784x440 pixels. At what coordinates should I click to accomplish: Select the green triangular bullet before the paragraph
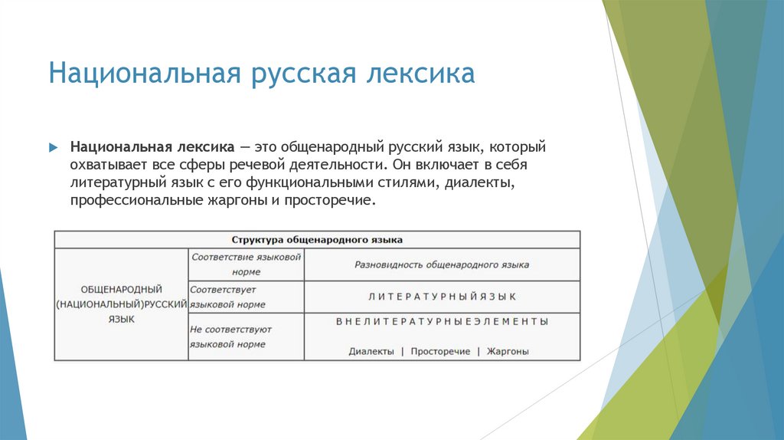54,146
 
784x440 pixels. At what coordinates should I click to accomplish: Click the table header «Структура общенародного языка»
317,239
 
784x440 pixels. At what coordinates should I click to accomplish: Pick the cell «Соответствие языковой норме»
246,264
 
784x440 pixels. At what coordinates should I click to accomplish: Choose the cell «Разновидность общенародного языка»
442,264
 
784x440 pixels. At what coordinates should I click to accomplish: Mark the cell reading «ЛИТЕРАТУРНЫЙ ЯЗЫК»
442,297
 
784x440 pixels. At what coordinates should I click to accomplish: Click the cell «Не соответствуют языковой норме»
230,337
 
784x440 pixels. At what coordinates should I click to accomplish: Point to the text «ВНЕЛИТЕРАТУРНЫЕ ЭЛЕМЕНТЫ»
442,322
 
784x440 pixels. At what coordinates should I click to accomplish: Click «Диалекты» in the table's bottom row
371,352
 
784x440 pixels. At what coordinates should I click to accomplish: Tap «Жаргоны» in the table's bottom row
508,352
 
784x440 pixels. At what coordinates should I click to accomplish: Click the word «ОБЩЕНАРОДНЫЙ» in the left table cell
121,290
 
